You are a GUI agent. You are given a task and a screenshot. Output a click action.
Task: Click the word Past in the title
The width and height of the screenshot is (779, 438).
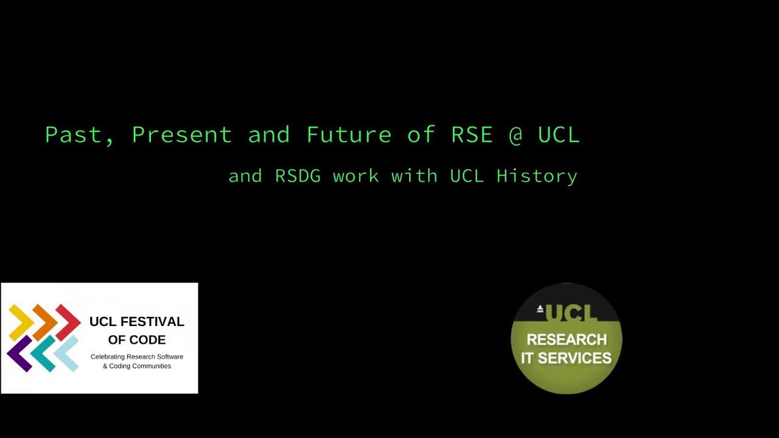point(73,134)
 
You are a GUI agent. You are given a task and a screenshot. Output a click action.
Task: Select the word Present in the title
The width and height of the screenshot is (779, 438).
point(181,134)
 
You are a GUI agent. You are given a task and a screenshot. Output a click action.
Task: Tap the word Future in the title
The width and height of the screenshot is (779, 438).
point(348,134)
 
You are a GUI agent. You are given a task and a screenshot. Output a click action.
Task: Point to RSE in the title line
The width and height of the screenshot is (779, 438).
point(472,134)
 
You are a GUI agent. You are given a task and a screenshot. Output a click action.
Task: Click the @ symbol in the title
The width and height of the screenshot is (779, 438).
point(515,134)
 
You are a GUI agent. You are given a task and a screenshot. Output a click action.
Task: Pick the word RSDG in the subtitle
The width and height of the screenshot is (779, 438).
point(298,176)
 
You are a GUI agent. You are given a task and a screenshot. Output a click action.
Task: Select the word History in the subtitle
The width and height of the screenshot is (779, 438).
point(537,176)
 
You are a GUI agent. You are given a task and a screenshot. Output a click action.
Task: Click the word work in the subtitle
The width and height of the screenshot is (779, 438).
point(355,176)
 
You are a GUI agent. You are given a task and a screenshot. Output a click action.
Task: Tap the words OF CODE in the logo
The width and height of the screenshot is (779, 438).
point(137,339)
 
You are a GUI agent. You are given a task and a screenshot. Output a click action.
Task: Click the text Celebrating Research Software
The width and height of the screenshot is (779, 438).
point(137,356)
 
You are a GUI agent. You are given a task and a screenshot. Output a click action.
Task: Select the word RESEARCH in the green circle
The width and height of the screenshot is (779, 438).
point(567,339)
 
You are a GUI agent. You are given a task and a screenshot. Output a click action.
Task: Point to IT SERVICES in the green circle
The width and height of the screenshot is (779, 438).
point(567,358)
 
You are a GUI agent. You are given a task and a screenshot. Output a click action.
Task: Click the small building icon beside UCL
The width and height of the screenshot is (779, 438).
point(540,309)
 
